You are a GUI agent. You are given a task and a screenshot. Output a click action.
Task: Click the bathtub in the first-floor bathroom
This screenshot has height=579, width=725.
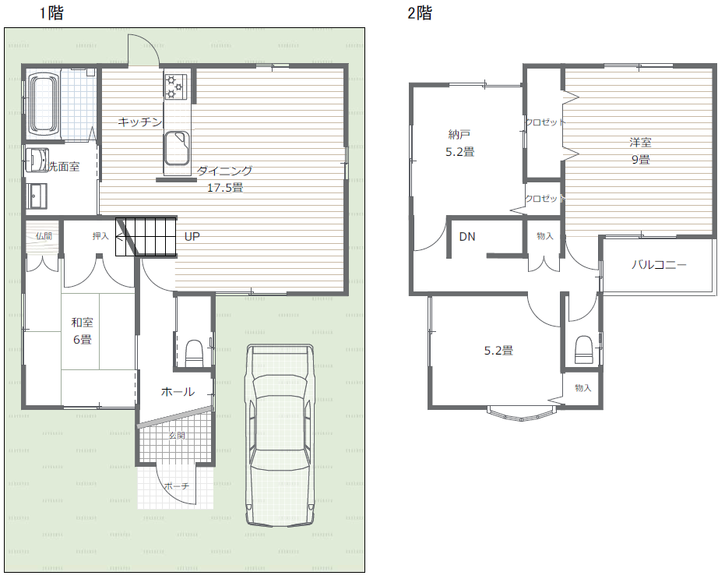pyautogui.click(x=44, y=104)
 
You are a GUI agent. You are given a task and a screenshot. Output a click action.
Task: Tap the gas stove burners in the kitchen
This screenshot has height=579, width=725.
pyautogui.click(x=175, y=86)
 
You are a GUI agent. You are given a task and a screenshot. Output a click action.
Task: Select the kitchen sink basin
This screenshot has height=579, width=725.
pyautogui.click(x=177, y=147)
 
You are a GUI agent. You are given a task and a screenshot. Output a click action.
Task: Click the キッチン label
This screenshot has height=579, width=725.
pyautogui.click(x=139, y=122)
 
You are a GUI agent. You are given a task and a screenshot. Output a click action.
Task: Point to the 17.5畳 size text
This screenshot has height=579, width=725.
pyautogui.click(x=225, y=188)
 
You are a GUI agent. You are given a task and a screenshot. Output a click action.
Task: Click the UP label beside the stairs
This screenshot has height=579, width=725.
pyautogui.click(x=192, y=236)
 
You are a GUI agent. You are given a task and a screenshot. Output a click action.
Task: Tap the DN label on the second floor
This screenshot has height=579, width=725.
pyautogui.click(x=467, y=236)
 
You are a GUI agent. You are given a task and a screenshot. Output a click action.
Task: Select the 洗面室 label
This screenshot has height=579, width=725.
pyautogui.click(x=64, y=167)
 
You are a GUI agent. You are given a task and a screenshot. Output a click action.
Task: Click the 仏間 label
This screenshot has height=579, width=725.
pyautogui.click(x=44, y=236)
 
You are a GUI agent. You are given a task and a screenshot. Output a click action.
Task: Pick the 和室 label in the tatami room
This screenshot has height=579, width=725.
pyautogui.click(x=83, y=322)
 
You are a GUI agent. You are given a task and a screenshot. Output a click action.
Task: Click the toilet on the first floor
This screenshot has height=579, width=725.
pyautogui.click(x=194, y=353)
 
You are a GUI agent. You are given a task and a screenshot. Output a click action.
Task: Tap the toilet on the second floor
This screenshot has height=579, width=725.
pyautogui.click(x=583, y=349)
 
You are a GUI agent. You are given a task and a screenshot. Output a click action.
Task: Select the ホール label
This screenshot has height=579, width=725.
pyautogui.click(x=178, y=391)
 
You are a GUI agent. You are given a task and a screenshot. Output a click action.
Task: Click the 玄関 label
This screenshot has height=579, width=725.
pyautogui.click(x=177, y=435)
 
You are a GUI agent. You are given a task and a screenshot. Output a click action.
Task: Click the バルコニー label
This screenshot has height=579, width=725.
pyautogui.click(x=659, y=265)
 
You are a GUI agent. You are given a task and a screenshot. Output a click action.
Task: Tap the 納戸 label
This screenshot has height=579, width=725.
pyautogui.click(x=459, y=134)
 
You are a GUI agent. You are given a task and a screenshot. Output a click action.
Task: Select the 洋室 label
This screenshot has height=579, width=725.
pyautogui.click(x=640, y=142)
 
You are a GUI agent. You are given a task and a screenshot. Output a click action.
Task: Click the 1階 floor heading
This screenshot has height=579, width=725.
pyautogui.click(x=51, y=13)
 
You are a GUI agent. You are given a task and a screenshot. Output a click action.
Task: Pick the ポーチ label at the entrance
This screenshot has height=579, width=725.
pyautogui.click(x=177, y=486)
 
